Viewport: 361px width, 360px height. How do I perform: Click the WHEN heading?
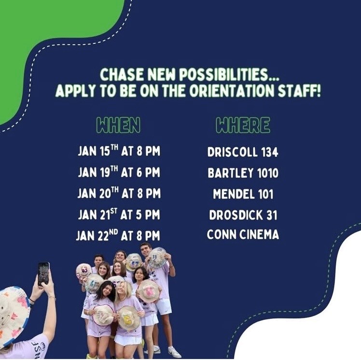118,125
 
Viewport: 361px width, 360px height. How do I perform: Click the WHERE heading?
243,125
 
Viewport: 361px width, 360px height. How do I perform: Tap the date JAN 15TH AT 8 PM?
119,152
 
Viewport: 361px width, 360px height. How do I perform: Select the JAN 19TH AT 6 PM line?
119,172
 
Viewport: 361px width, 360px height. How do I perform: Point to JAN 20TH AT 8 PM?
119,194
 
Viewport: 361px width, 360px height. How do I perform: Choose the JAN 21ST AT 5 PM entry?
119,215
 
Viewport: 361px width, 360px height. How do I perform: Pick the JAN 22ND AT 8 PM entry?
118,235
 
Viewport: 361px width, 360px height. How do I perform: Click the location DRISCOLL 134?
243,152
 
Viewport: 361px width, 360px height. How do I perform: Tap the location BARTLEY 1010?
243,173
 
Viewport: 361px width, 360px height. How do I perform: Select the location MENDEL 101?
243,194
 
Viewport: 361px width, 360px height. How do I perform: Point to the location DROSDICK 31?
243,215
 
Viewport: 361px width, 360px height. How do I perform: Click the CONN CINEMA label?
243,235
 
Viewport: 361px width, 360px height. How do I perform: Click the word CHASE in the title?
121,75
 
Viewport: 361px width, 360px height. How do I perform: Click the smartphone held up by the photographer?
43,273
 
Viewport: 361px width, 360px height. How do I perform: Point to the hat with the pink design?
149,291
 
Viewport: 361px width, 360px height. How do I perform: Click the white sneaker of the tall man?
174,352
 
